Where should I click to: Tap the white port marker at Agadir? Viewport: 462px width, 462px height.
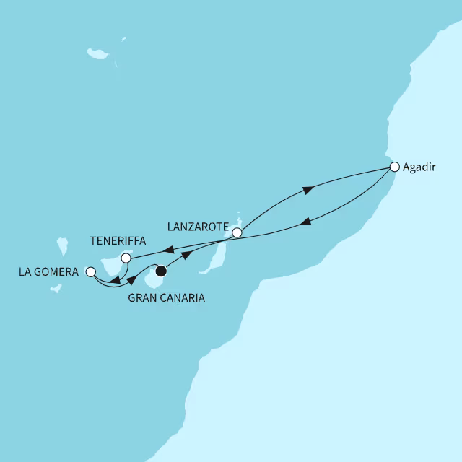[x=394, y=167]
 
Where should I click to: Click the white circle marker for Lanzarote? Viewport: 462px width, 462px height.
[x=236, y=233]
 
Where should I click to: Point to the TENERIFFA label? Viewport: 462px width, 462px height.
[x=117, y=241]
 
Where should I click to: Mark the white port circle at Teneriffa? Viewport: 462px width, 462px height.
[x=126, y=258]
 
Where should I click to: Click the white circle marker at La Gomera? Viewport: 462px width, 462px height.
[x=90, y=272]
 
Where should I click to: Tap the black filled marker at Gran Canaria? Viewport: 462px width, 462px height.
[x=160, y=271]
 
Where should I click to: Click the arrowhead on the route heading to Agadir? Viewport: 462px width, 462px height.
[x=308, y=190]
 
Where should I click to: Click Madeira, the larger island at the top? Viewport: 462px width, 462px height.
[x=97, y=53]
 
